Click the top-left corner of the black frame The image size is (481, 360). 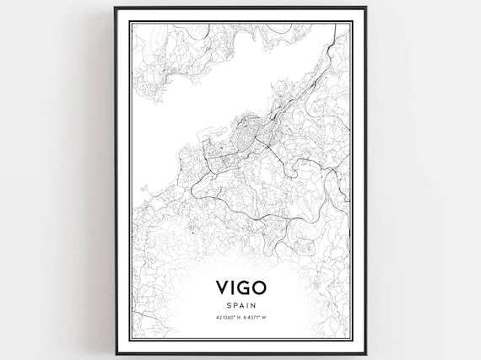point(116,8)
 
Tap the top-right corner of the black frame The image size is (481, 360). point(365,8)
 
